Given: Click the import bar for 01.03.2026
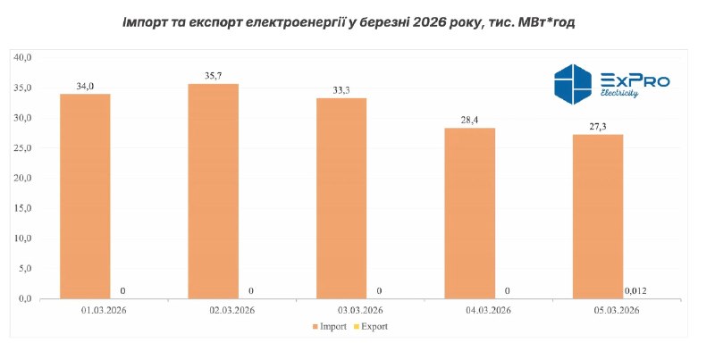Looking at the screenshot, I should click(85, 197).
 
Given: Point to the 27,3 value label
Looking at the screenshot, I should click(597, 127).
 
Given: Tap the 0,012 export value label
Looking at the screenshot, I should click(635, 289).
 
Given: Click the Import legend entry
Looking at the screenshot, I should click(329, 327).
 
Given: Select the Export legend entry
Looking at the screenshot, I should click(374, 327).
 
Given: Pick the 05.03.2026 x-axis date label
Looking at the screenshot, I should click(613, 311).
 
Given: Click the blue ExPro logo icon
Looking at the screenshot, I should click(573, 85).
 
